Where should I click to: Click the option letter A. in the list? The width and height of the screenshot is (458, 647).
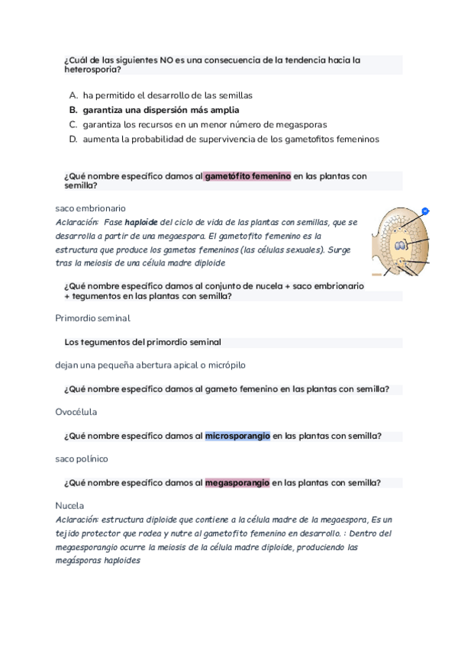[73, 95]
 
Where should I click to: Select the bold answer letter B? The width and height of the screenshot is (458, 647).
[73, 110]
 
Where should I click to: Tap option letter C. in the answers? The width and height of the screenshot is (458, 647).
[73, 124]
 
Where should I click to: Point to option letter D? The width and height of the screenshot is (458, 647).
[73, 139]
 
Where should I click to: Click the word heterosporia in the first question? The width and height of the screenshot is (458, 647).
[92, 69]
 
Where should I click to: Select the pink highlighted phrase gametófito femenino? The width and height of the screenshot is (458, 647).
[248, 176]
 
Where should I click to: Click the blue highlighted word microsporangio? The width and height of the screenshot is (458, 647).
[237, 436]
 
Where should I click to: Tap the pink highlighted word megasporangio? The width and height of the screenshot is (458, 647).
[237, 483]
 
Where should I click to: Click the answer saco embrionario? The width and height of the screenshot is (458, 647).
[91, 208]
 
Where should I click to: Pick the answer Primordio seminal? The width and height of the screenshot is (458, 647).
[92, 318]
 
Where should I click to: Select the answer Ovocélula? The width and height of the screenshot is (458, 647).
[76, 412]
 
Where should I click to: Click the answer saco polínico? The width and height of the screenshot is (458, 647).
[82, 459]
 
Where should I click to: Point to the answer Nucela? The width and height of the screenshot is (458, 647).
[69, 505]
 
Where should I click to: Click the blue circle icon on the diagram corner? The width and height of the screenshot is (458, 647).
[425, 211]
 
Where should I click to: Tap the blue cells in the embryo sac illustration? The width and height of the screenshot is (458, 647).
[401, 246]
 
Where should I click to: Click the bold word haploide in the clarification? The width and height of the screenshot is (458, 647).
[141, 222]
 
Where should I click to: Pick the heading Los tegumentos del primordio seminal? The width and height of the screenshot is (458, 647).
[143, 343]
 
